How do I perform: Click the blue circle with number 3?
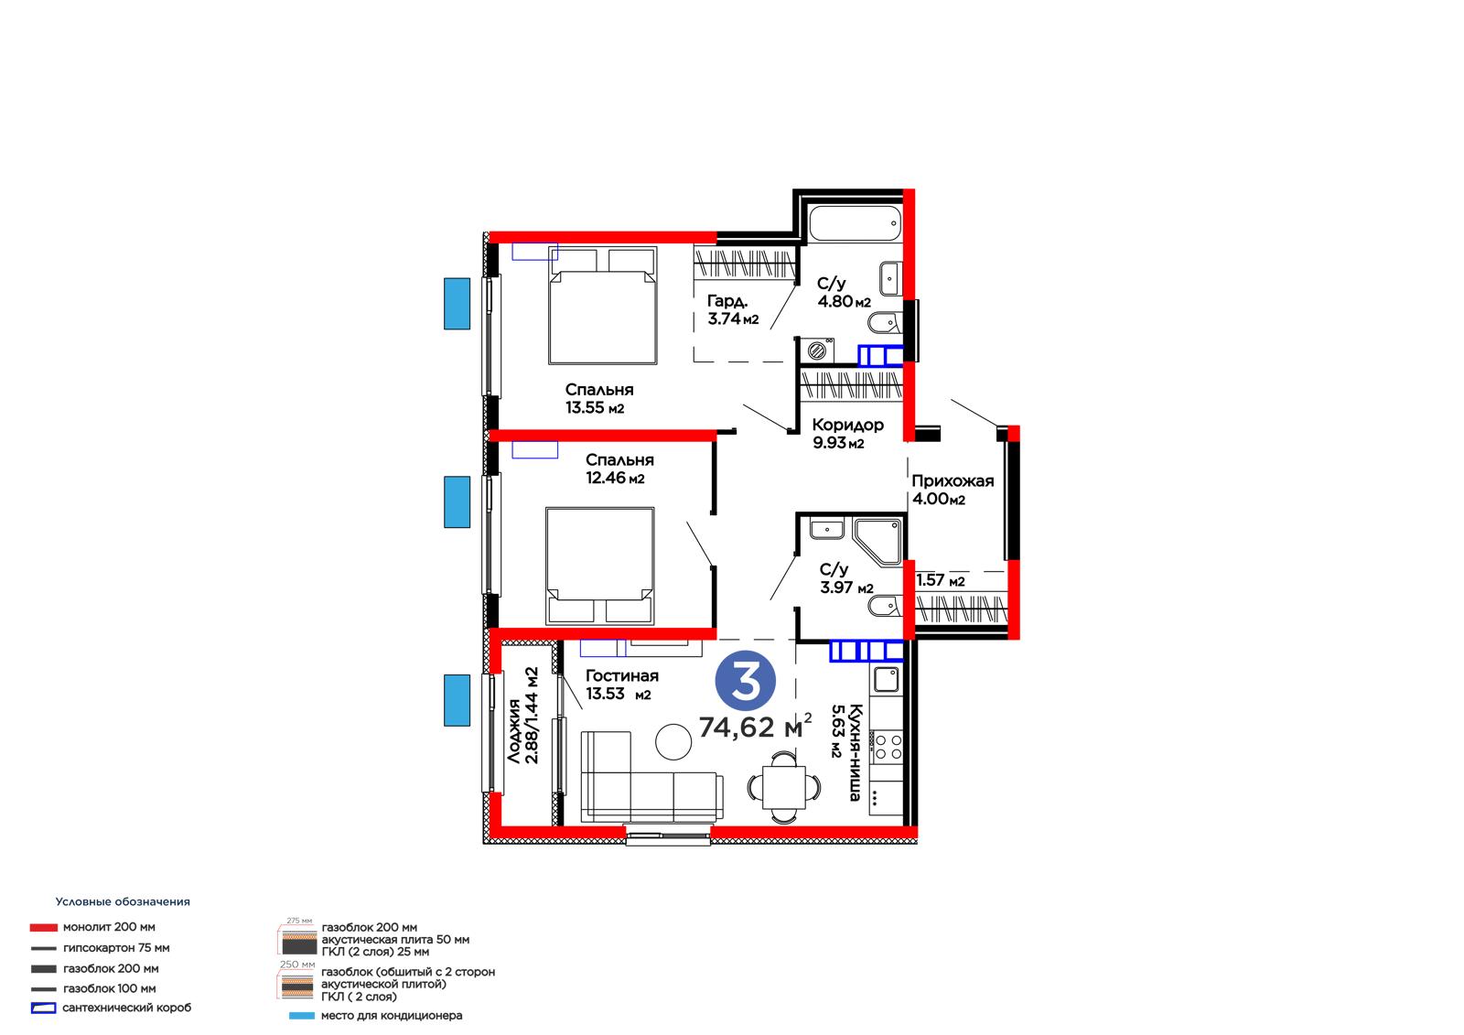tap(745, 681)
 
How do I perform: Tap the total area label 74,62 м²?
tap(755, 727)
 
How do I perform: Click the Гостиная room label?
tap(621, 675)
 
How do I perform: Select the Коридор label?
tap(847, 425)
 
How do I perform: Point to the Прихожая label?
tap(953, 480)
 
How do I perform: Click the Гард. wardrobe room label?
tap(727, 301)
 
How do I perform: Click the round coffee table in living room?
tap(673, 742)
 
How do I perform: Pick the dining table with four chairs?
tap(783, 787)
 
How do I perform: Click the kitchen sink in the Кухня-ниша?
tap(887, 680)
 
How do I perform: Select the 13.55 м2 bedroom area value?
tap(595, 408)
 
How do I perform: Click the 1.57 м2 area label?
tap(940, 580)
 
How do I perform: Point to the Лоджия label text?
tap(514, 731)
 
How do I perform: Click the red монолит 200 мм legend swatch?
tap(43, 927)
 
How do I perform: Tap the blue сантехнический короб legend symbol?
tap(43, 1008)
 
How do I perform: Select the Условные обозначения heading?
tap(123, 901)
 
